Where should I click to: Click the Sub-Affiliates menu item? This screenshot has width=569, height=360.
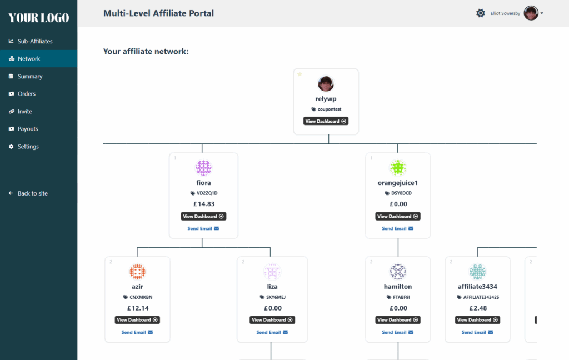[x=31, y=41]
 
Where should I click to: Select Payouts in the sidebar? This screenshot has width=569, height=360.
[x=23, y=129]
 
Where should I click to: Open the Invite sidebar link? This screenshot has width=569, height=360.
[x=21, y=112]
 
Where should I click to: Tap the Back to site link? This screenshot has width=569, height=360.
[x=28, y=193]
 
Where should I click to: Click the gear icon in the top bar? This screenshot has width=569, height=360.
[x=481, y=13]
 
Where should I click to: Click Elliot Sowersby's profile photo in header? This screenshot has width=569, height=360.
[x=531, y=13]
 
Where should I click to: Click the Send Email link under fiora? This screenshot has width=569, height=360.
[x=203, y=228]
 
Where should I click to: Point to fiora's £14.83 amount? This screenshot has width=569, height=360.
[x=204, y=204]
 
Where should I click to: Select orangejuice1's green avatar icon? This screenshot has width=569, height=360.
[x=398, y=168]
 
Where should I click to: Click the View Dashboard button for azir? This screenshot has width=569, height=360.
[x=137, y=319]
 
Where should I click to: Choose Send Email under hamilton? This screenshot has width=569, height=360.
[x=398, y=332]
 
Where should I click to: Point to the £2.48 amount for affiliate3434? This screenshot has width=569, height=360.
[x=478, y=308]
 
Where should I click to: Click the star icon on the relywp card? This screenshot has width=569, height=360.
[x=300, y=74]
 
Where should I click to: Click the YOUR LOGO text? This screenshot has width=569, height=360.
[x=39, y=18]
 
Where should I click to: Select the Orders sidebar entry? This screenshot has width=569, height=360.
[x=22, y=94]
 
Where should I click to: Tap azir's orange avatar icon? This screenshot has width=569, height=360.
[x=137, y=272]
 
